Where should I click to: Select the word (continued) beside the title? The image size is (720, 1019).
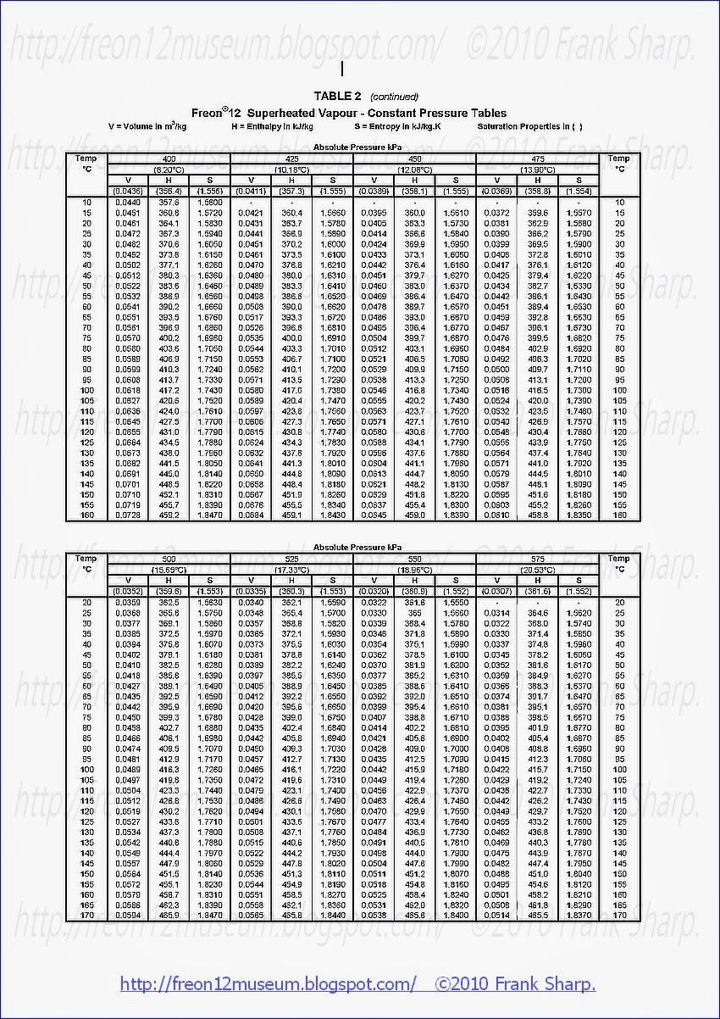coord(394,97)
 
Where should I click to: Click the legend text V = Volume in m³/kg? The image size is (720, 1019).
coord(148,126)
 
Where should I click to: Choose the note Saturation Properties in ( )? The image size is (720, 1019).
coord(529,126)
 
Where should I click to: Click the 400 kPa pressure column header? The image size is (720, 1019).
coord(169,159)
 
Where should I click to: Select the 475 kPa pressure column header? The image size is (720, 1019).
coord(537,159)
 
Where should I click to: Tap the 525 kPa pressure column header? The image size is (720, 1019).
coord(291,559)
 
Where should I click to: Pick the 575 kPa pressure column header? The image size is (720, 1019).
coord(537,559)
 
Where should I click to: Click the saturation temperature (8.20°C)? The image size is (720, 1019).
coord(169,169)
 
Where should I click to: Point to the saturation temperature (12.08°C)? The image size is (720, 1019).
coord(415,169)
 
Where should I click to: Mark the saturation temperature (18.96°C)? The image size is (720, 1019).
coord(415,569)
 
